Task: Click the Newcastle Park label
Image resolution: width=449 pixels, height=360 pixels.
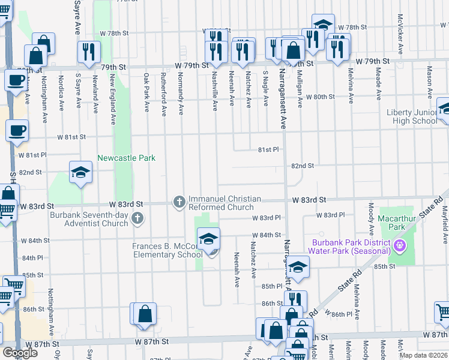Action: (x=127, y=158)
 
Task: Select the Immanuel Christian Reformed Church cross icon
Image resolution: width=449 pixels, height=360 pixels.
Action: (x=179, y=202)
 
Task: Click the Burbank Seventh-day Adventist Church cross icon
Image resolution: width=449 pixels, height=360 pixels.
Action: (x=137, y=218)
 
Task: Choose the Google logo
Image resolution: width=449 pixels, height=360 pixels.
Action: (x=20, y=353)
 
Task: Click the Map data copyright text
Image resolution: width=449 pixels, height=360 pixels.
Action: (x=424, y=355)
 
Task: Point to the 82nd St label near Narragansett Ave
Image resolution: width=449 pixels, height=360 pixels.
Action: (x=303, y=166)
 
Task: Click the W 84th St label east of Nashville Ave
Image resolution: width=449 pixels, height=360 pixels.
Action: (x=267, y=235)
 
